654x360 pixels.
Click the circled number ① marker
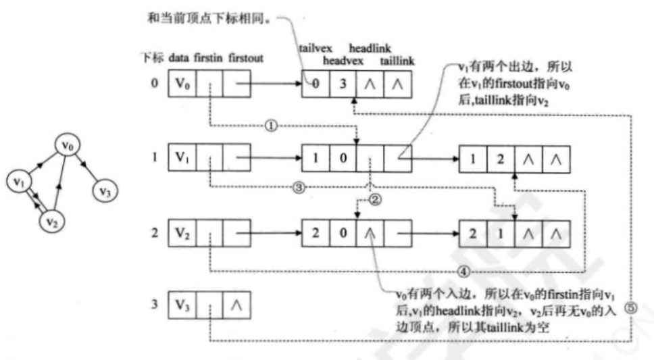coord(270,126)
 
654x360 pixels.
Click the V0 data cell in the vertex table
coord(180,85)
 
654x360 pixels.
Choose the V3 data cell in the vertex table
coord(180,305)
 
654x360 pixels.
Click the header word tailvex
coord(313,48)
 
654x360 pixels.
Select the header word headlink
coord(366,48)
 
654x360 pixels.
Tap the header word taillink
coord(397,61)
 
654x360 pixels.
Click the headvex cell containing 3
coord(343,85)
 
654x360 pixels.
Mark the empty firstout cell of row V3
coord(236,305)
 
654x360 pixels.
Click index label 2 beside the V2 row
coord(155,234)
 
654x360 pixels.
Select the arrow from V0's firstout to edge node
coord(274,85)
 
